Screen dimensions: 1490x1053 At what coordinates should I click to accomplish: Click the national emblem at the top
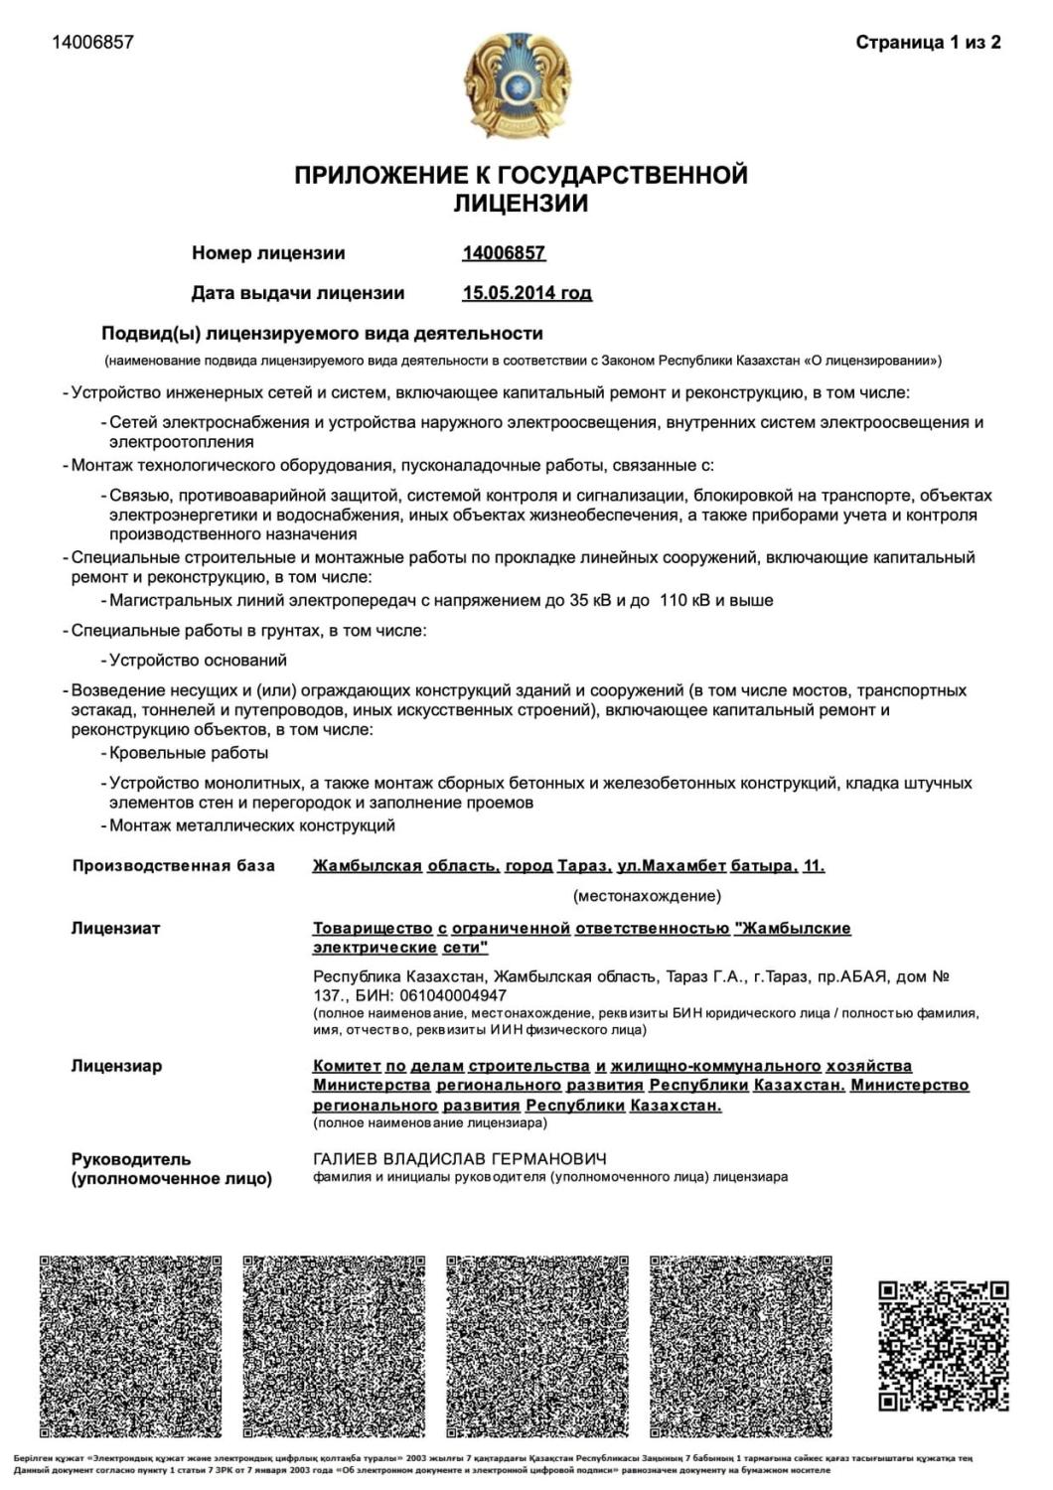point(517,86)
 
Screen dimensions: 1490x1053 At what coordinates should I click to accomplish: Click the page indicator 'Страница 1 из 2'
point(928,42)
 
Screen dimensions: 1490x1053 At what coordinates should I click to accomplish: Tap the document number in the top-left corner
point(92,42)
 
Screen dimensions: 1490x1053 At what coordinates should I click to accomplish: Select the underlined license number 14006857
point(504,253)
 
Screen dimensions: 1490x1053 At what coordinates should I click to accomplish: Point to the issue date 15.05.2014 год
point(526,293)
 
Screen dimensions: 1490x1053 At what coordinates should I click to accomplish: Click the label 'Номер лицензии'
point(268,253)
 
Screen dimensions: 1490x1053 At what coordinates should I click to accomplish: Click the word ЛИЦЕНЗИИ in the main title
point(521,204)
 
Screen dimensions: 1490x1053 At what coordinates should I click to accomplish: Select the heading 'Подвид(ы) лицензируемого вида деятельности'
point(322,333)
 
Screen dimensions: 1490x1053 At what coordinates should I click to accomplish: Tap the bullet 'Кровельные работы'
point(189,753)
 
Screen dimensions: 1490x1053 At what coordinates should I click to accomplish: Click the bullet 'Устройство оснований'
point(198,660)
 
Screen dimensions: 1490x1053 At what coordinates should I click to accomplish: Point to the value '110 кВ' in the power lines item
point(686,600)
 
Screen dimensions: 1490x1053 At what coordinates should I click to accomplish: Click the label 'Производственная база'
point(173,866)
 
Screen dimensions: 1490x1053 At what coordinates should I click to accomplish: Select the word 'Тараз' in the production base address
point(580,866)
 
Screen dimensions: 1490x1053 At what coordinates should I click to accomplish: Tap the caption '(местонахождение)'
point(647,896)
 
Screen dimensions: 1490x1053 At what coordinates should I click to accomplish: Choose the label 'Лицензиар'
point(116,1066)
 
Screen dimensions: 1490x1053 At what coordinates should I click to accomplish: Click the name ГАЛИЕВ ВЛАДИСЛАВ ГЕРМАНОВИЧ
point(460,1159)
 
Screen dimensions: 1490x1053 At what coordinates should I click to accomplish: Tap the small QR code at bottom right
point(944,1346)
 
